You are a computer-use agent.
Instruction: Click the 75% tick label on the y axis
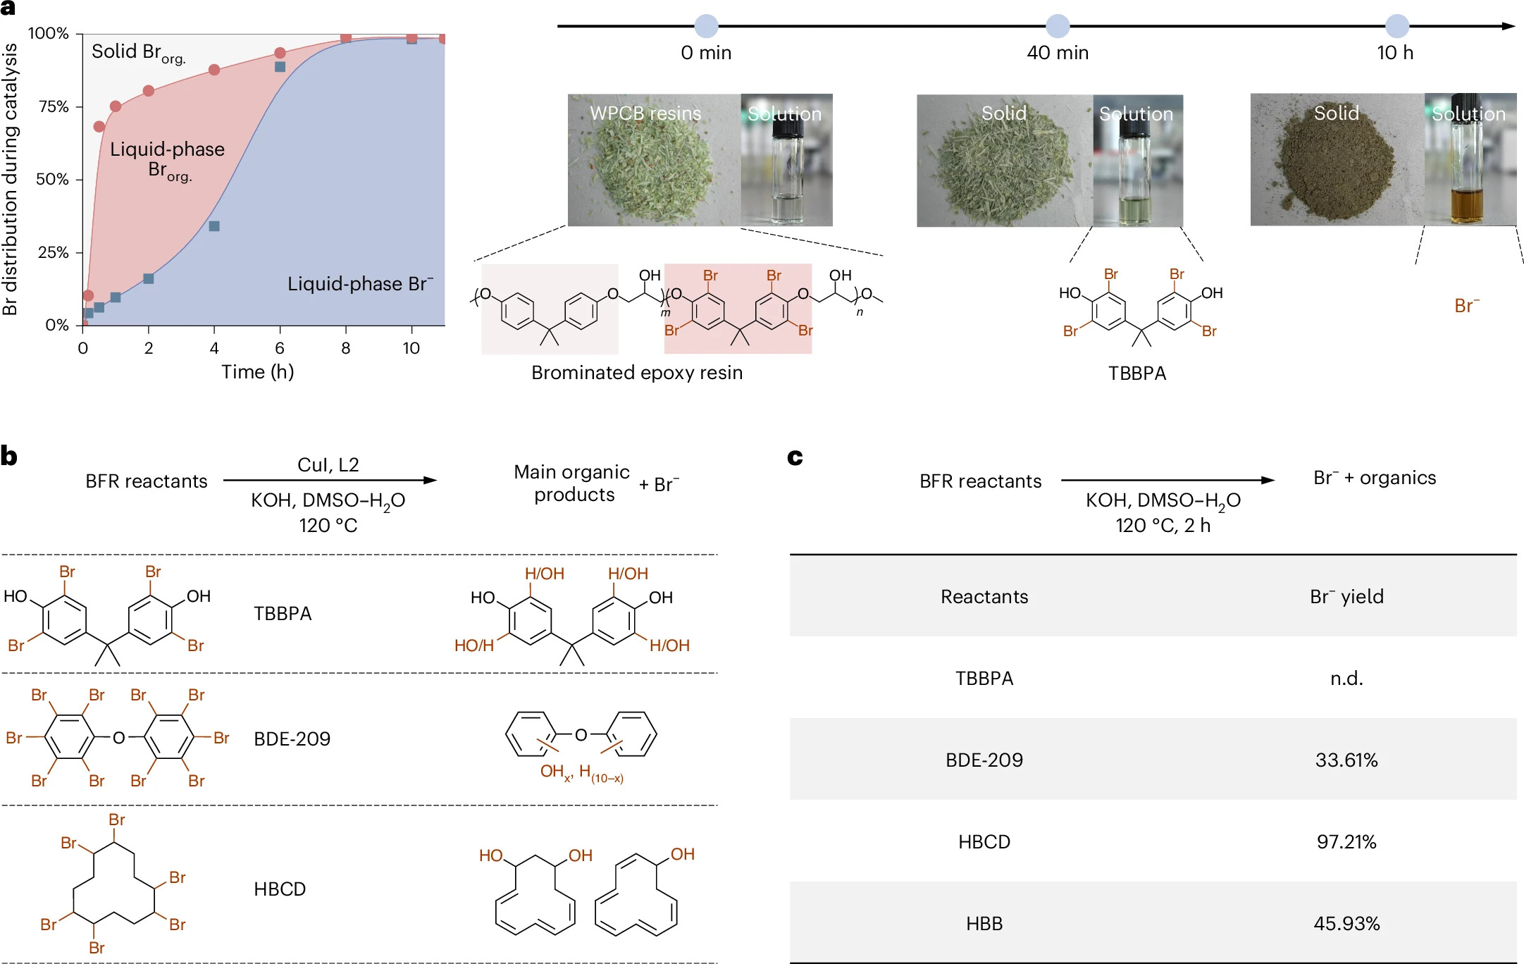coord(54,106)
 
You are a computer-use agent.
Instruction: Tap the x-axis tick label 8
coord(345,348)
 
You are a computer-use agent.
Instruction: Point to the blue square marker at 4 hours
coord(214,226)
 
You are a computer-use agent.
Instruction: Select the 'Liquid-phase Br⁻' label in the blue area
coord(360,284)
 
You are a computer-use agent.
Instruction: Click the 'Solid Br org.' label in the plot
coord(138,53)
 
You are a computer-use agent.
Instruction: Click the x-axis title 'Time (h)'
coord(257,372)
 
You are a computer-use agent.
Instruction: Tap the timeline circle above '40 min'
coord(1057,26)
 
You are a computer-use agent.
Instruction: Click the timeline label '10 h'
coord(1395,53)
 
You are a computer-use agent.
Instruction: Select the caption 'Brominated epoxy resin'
coord(637,373)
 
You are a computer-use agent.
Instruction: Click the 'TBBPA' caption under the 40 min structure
coord(1137,373)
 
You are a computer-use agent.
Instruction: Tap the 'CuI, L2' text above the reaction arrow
coord(328,465)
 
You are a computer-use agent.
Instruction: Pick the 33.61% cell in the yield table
coord(1346,760)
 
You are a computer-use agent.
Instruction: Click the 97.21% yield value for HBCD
coord(1346,842)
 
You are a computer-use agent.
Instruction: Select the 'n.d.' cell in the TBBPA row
coord(1346,679)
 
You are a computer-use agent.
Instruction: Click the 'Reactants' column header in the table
coord(984,597)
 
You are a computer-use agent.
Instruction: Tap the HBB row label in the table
coord(984,924)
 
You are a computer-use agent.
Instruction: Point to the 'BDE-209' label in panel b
coord(292,739)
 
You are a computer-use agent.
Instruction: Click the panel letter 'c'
coord(795,457)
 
